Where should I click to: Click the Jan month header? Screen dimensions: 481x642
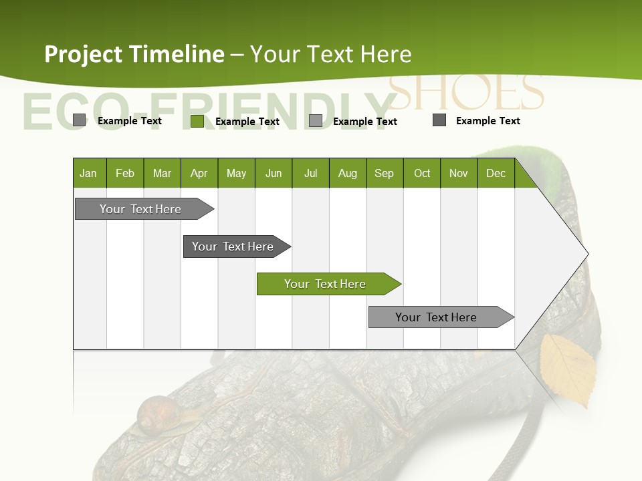[x=88, y=173]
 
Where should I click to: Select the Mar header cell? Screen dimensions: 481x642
[x=162, y=173]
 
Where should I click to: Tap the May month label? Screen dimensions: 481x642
[x=236, y=173]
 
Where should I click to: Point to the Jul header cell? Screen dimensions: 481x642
[x=310, y=173]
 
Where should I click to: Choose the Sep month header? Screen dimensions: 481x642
[x=384, y=173]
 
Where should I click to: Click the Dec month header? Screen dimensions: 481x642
[x=496, y=173]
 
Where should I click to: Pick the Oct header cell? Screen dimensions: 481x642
[x=421, y=173]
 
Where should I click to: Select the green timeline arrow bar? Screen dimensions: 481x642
[x=328, y=284]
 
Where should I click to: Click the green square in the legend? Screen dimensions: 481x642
[x=197, y=121]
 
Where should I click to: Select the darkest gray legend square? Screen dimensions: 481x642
[x=439, y=120]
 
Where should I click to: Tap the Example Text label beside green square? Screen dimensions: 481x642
[x=247, y=122]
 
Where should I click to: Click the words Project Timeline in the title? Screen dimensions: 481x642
[x=134, y=54]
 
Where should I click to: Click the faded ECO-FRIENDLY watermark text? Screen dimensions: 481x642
[x=201, y=110]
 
